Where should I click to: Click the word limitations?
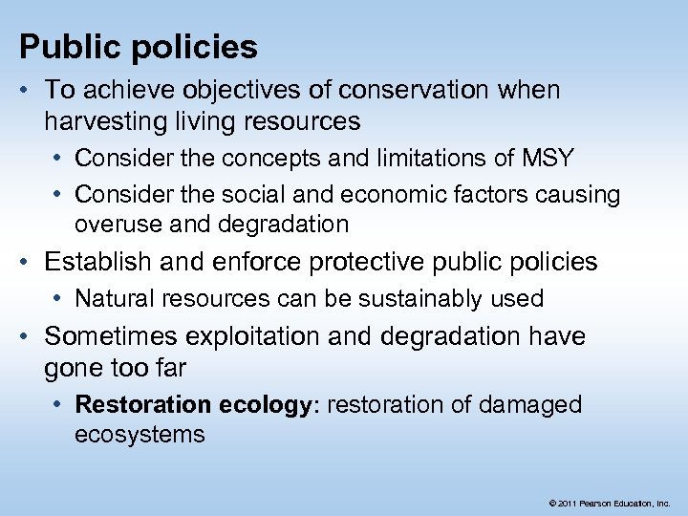coord(394,156)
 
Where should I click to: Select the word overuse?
coord(113,225)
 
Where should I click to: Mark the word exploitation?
coord(276,336)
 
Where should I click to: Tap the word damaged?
coord(531,404)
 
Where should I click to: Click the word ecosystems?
coord(140,435)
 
